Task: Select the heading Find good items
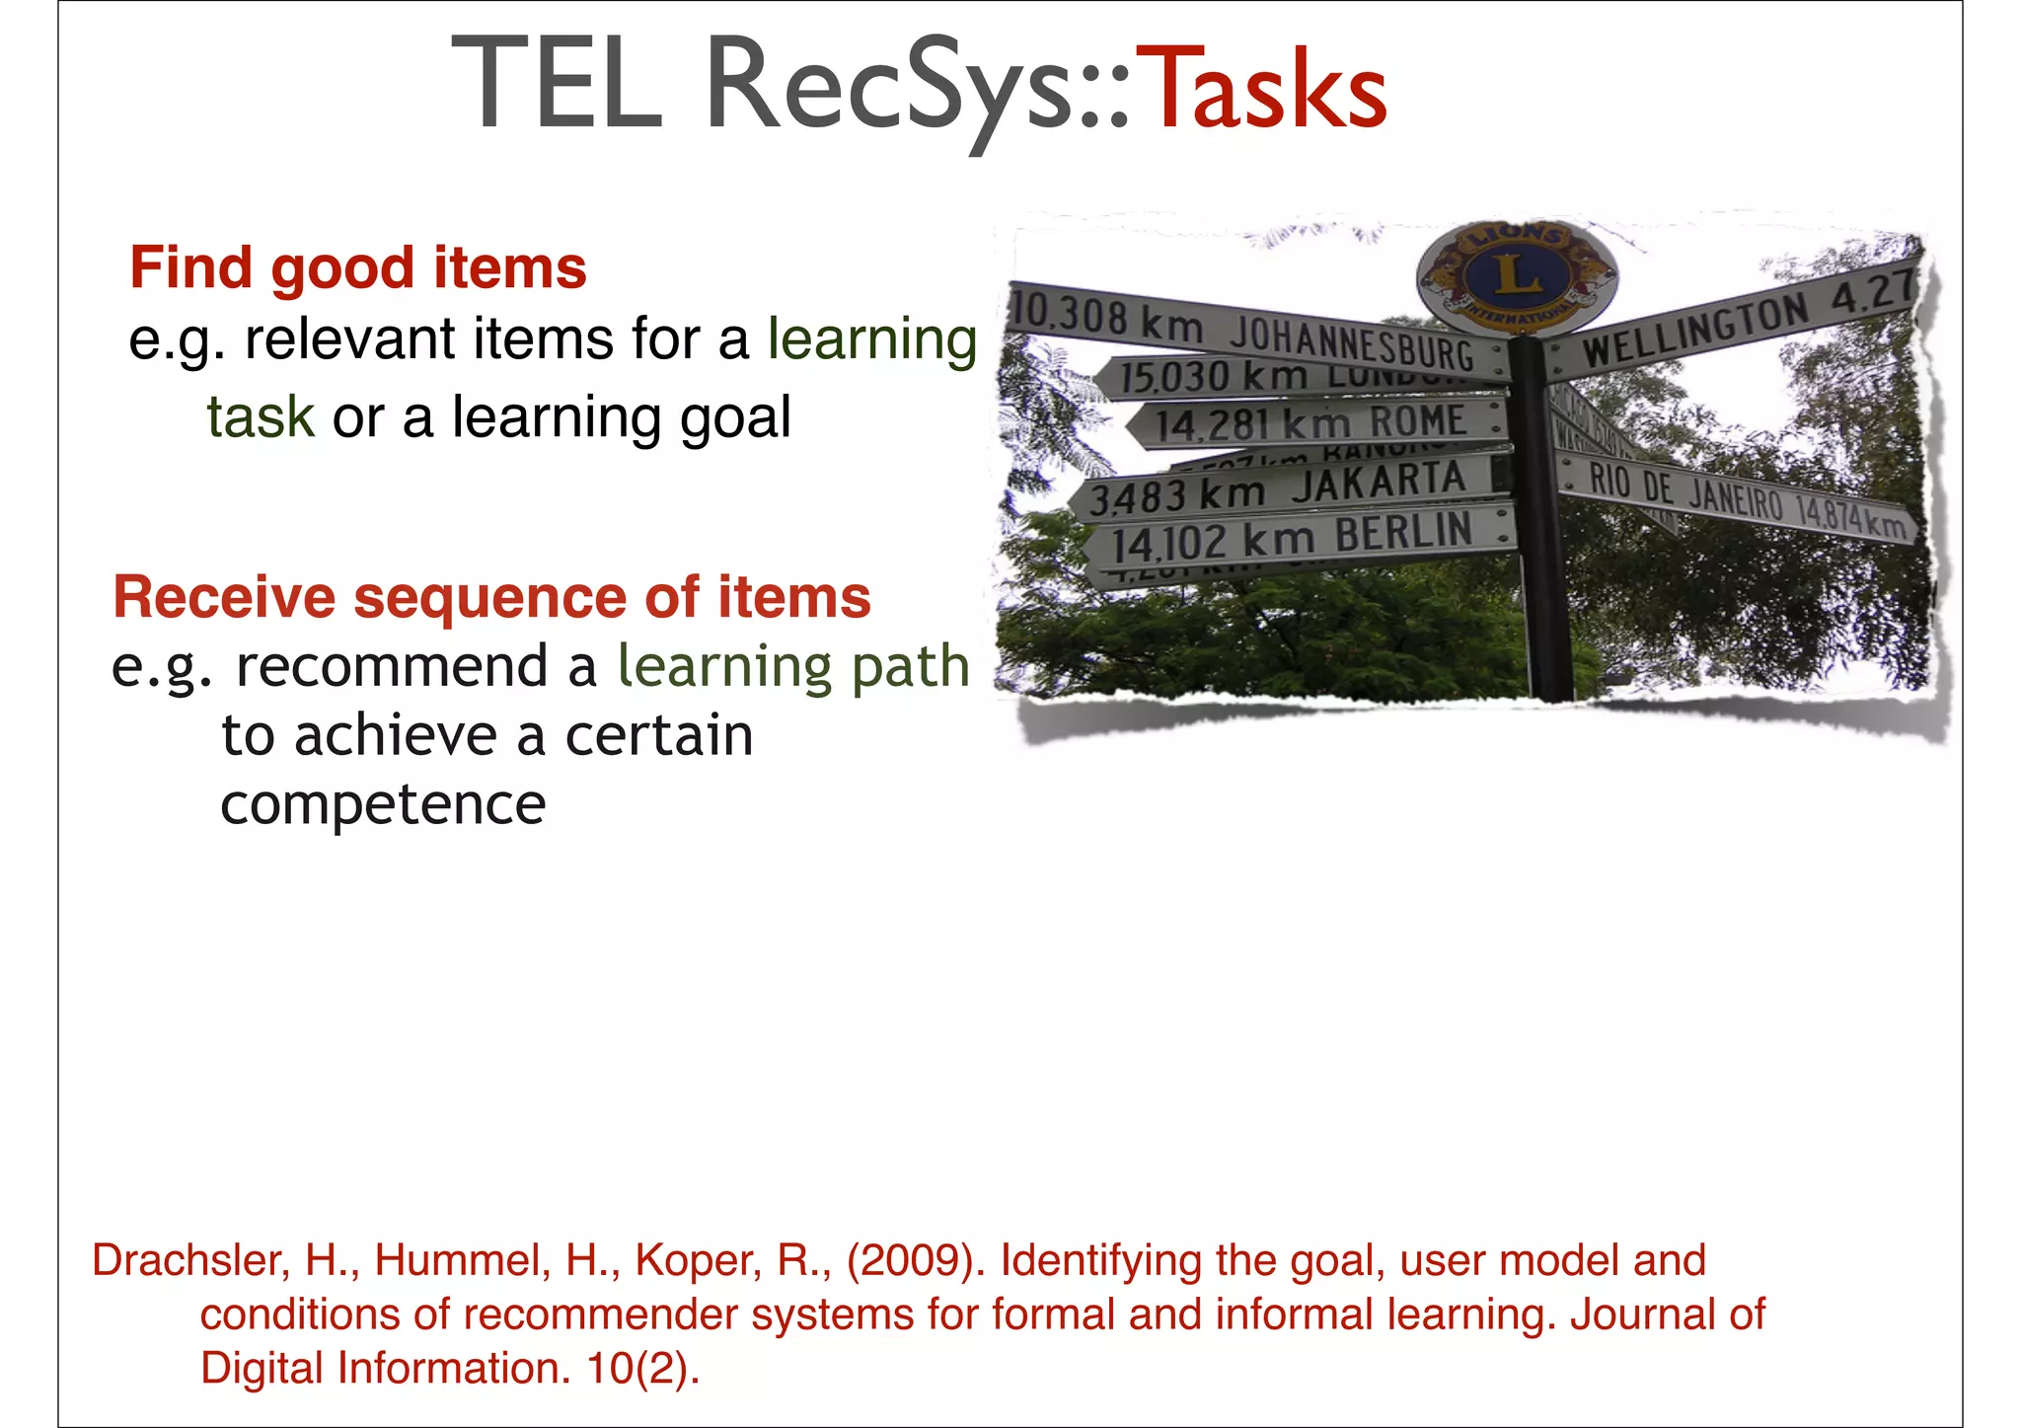358,267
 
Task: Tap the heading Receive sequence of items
491,597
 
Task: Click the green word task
261,416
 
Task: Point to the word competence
383,804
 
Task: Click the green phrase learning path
793,666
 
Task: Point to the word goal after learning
735,416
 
